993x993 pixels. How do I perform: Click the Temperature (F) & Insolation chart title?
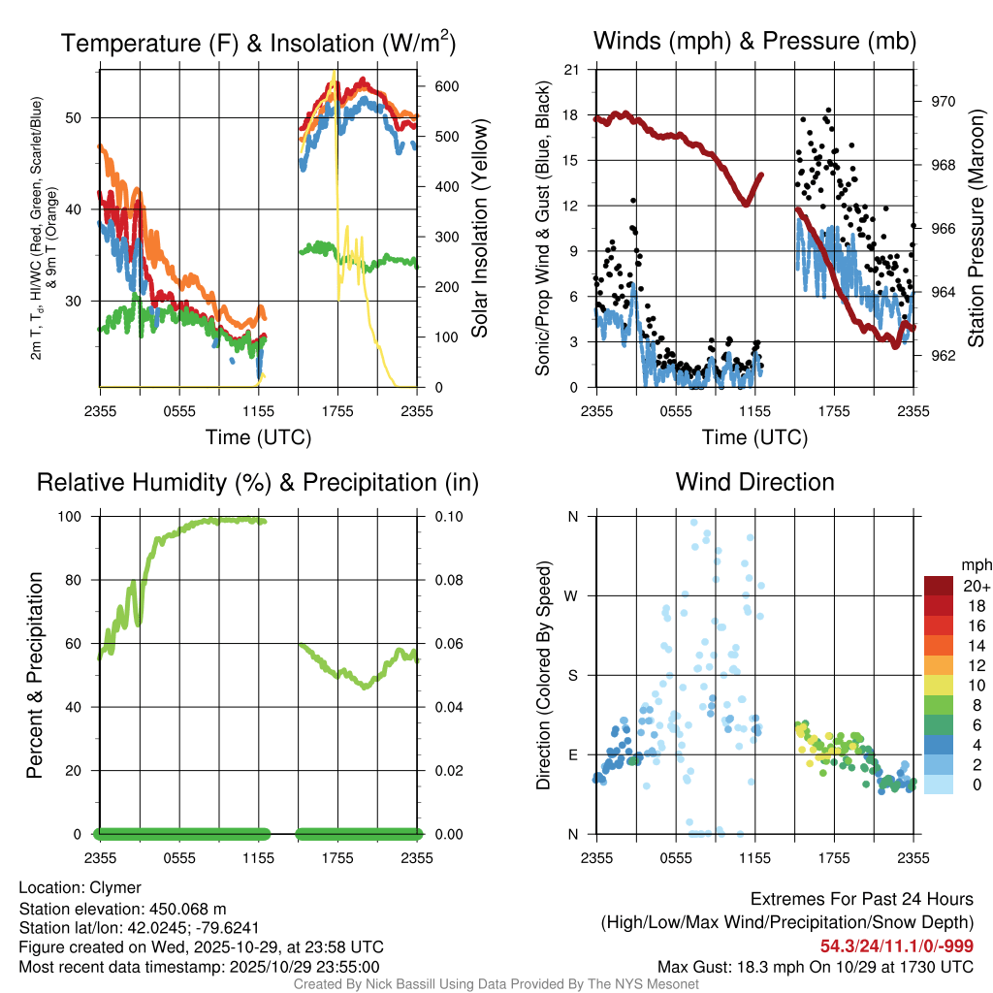click(x=258, y=43)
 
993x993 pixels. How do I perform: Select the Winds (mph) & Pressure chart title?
click(x=754, y=41)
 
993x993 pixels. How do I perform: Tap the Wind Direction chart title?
click(x=754, y=482)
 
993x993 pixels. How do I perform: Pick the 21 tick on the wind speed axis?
click(x=571, y=70)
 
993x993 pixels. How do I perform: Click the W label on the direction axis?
click(x=572, y=595)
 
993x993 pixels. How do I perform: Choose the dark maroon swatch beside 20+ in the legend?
click(x=939, y=586)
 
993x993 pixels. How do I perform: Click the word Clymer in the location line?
click(x=115, y=887)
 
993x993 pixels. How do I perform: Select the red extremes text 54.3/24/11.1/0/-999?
click(x=897, y=946)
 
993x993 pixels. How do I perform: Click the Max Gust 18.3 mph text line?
click(x=815, y=967)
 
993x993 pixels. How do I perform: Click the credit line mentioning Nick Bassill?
click(x=496, y=984)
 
